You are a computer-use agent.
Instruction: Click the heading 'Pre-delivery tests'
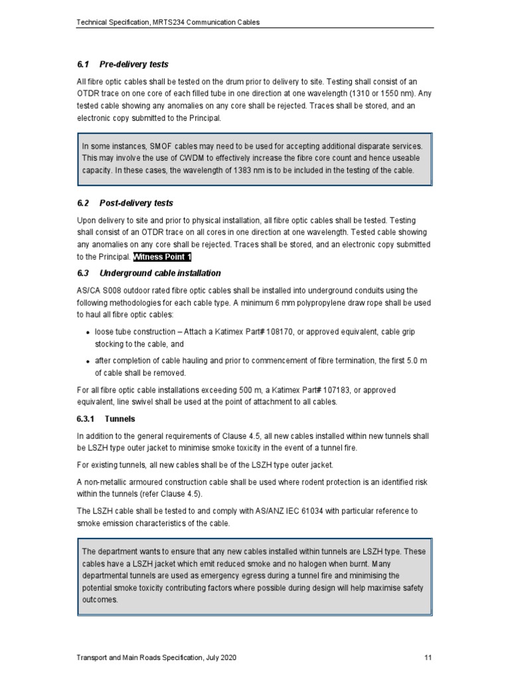pos(133,64)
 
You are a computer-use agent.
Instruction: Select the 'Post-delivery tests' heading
pos(136,203)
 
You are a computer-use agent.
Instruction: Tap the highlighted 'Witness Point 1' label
pos(162,256)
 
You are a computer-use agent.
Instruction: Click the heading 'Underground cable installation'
pos(160,273)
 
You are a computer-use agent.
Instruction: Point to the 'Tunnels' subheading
pos(120,419)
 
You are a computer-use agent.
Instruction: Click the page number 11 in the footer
pos(428,657)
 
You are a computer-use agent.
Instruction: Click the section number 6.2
pos(83,203)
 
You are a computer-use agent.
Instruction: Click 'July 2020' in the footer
pos(216,657)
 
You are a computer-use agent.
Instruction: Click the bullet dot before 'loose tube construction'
pos(88,331)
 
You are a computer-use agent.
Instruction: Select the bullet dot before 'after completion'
pos(88,361)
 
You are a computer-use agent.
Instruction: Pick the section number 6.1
pos(83,64)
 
